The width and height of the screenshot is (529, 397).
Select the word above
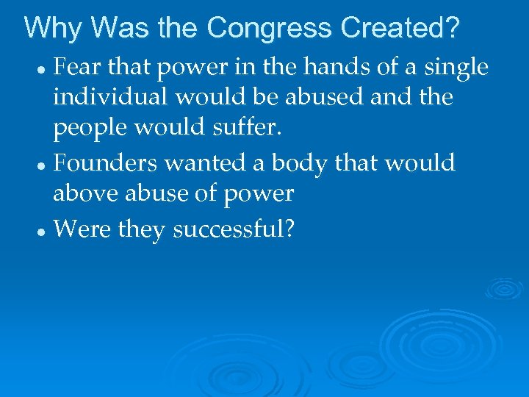click(x=80, y=194)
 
